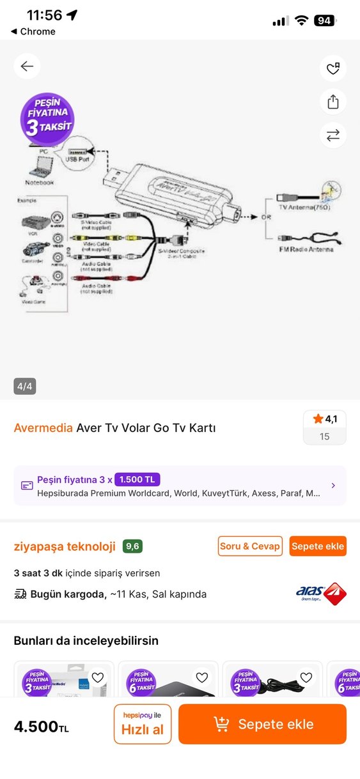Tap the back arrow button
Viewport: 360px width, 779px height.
click(x=27, y=66)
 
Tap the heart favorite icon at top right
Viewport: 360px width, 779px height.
click(x=333, y=68)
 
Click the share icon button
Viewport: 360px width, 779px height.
click(x=333, y=102)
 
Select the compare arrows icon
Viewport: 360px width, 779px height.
click(x=333, y=135)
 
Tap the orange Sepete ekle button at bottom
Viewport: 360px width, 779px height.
click(x=262, y=724)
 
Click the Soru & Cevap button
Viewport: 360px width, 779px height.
click(x=250, y=546)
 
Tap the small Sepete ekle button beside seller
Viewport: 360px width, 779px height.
click(x=318, y=546)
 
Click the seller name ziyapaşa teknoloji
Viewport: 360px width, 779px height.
click(x=65, y=546)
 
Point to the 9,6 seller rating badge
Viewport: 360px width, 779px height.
click(x=133, y=546)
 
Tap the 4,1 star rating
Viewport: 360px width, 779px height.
click(x=324, y=419)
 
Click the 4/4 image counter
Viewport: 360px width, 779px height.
click(x=25, y=386)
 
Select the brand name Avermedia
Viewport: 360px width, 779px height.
click(x=43, y=428)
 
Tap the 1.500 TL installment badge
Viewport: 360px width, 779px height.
click(x=137, y=479)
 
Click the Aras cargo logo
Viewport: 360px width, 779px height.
click(x=321, y=594)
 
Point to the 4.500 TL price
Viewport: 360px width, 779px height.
click(x=42, y=727)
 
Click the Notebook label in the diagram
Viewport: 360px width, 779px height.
click(x=40, y=182)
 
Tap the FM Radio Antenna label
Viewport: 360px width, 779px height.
click(x=306, y=249)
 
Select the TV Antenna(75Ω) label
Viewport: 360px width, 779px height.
click(x=304, y=208)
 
